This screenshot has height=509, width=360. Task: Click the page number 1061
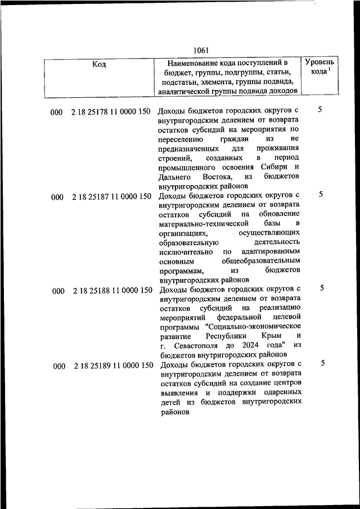click(x=200, y=49)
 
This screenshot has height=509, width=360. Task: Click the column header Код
click(x=99, y=64)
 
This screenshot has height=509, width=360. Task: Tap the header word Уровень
click(x=319, y=61)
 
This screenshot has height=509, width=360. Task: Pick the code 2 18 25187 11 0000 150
click(x=111, y=197)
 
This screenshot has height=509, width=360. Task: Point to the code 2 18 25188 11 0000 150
click(x=111, y=291)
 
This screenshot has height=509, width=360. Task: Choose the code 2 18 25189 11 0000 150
click(x=112, y=366)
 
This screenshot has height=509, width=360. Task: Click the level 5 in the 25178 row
click(x=319, y=109)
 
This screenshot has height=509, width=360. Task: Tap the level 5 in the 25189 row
click(x=323, y=363)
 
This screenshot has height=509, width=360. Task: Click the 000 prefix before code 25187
click(x=57, y=197)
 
